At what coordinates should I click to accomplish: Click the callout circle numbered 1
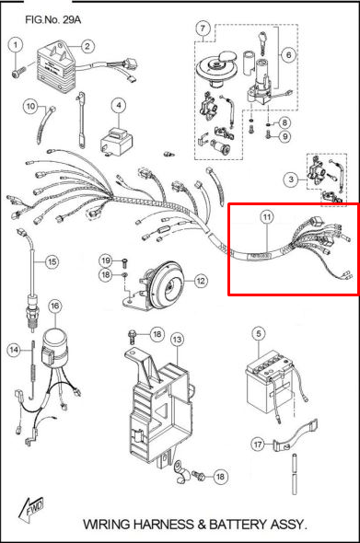16,45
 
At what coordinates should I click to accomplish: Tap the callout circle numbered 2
87,46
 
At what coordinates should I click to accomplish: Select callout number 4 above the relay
119,106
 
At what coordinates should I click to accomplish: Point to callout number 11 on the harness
266,217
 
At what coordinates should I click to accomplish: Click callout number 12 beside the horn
201,281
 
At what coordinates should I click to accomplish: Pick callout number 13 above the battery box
177,340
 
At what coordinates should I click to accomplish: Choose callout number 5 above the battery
259,334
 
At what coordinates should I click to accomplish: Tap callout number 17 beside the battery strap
258,444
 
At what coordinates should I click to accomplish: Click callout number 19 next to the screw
106,260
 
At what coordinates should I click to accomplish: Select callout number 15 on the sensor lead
52,261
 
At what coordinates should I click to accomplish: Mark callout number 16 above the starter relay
54,306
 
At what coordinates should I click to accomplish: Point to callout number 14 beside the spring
14,350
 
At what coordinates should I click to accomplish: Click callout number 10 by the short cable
30,106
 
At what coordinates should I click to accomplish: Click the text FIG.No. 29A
52,19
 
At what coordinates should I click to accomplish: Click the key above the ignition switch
262,41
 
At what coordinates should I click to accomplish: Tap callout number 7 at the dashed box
203,28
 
